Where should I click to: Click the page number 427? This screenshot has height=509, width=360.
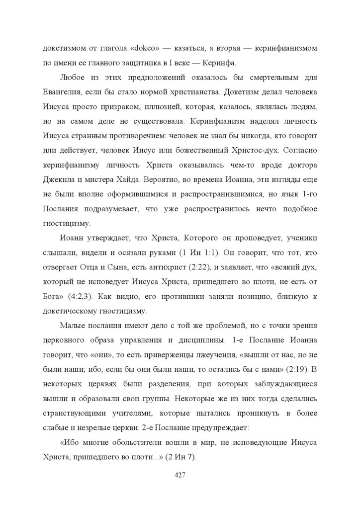(180, 475)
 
